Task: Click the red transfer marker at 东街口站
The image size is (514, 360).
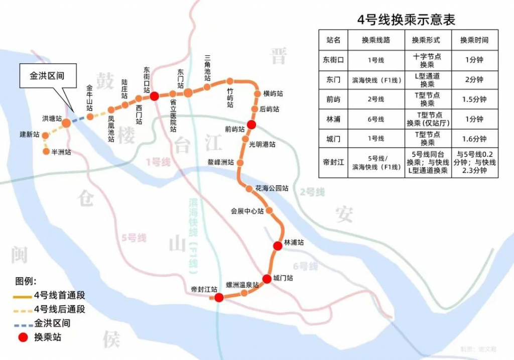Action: (x=154, y=96)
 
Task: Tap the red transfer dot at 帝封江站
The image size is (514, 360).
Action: (x=219, y=297)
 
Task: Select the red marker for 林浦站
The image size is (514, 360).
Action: (x=277, y=246)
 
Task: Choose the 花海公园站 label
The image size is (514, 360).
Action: (x=272, y=188)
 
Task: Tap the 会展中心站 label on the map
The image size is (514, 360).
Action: (x=247, y=211)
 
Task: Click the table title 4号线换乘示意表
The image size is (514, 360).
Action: (x=406, y=20)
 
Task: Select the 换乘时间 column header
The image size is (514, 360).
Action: (x=474, y=40)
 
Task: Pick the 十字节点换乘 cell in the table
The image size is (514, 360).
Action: (x=427, y=60)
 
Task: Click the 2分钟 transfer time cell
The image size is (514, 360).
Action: (x=474, y=79)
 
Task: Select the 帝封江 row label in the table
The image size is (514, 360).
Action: (x=333, y=162)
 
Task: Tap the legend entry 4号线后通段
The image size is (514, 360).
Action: (x=59, y=309)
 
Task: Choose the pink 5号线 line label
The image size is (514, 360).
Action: (x=134, y=237)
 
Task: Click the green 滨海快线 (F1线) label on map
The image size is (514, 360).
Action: (x=193, y=236)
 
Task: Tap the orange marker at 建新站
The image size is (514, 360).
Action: (x=45, y=136)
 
